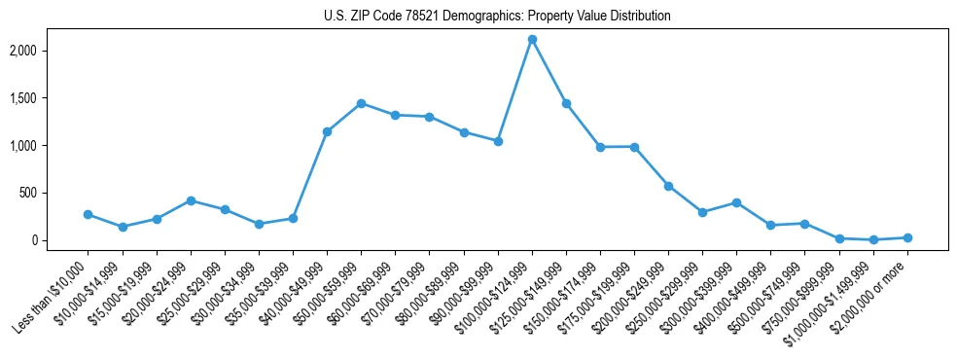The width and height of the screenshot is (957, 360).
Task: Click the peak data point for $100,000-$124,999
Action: [x=532, y=40]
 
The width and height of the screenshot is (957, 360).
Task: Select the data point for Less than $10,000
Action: [x=89, y=214]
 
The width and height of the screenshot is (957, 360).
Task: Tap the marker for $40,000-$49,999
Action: [x=328, y=131]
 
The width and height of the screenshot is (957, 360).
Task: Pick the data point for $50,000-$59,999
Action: [x=362, y=103]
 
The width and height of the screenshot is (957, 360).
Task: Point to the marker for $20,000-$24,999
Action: [x=191, y=200]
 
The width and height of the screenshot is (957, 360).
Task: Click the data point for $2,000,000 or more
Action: [x=907, y=237]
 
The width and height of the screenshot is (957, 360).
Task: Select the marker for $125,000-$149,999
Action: [x=566, y=103]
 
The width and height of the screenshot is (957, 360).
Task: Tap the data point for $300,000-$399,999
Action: [x=736, y=202]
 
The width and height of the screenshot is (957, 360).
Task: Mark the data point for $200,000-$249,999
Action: [x=668, y=186]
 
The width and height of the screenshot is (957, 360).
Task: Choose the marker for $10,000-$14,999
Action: [x=123, y=227]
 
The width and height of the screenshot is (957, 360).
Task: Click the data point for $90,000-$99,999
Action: [x=498, y=141]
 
